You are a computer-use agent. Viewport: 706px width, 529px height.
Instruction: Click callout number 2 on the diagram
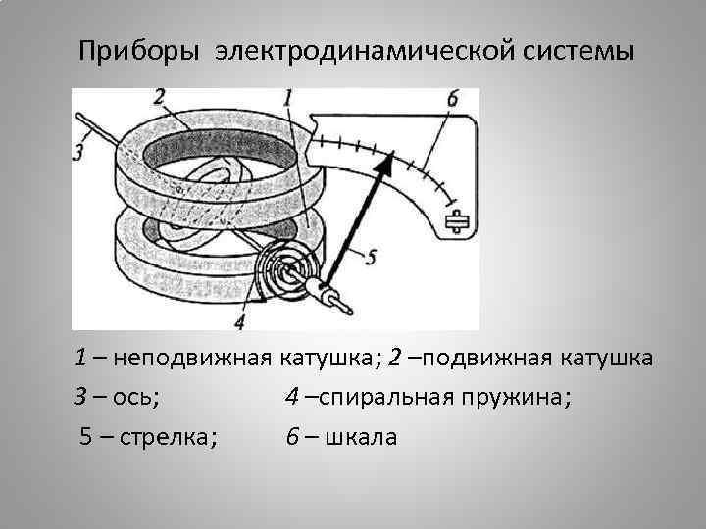coord(160,97)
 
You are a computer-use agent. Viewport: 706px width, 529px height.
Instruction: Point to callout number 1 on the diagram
coord(288,97)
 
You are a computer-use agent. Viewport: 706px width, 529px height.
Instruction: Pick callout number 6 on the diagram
coord(452,99)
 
